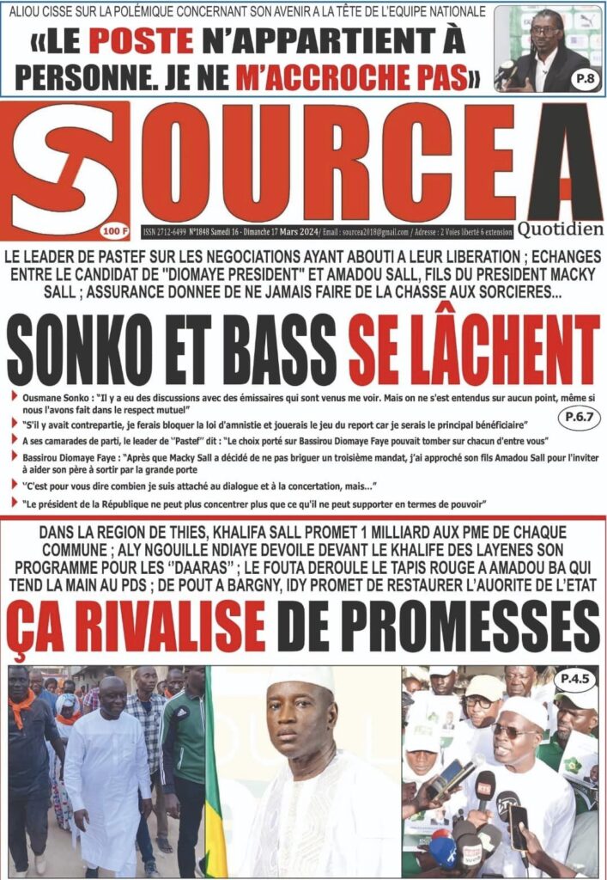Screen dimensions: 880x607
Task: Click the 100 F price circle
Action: click(110, 229)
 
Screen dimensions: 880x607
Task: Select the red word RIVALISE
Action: click(163, 626)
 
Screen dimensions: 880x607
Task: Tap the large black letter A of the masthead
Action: click(563, 163)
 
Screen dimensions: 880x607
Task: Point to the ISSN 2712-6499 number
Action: click(172, 231)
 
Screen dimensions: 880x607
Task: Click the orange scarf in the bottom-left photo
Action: click(21, 705)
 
